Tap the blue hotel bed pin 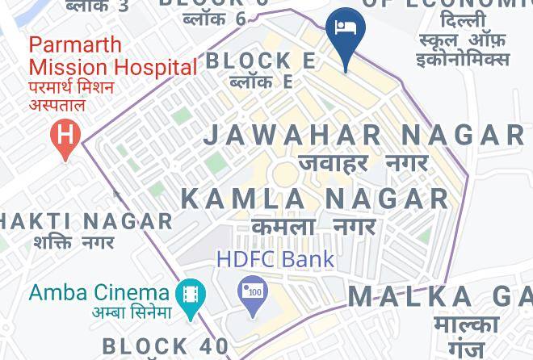tap(346, 32)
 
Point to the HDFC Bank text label tap(275, 259)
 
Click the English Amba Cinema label tap(99, 291)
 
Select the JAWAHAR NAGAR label tap(364, 134)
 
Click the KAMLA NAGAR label tap(315, 198)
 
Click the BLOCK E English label tap(260, 61)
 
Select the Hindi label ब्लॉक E tap(260, 82)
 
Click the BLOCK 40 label tap(165, 346)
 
